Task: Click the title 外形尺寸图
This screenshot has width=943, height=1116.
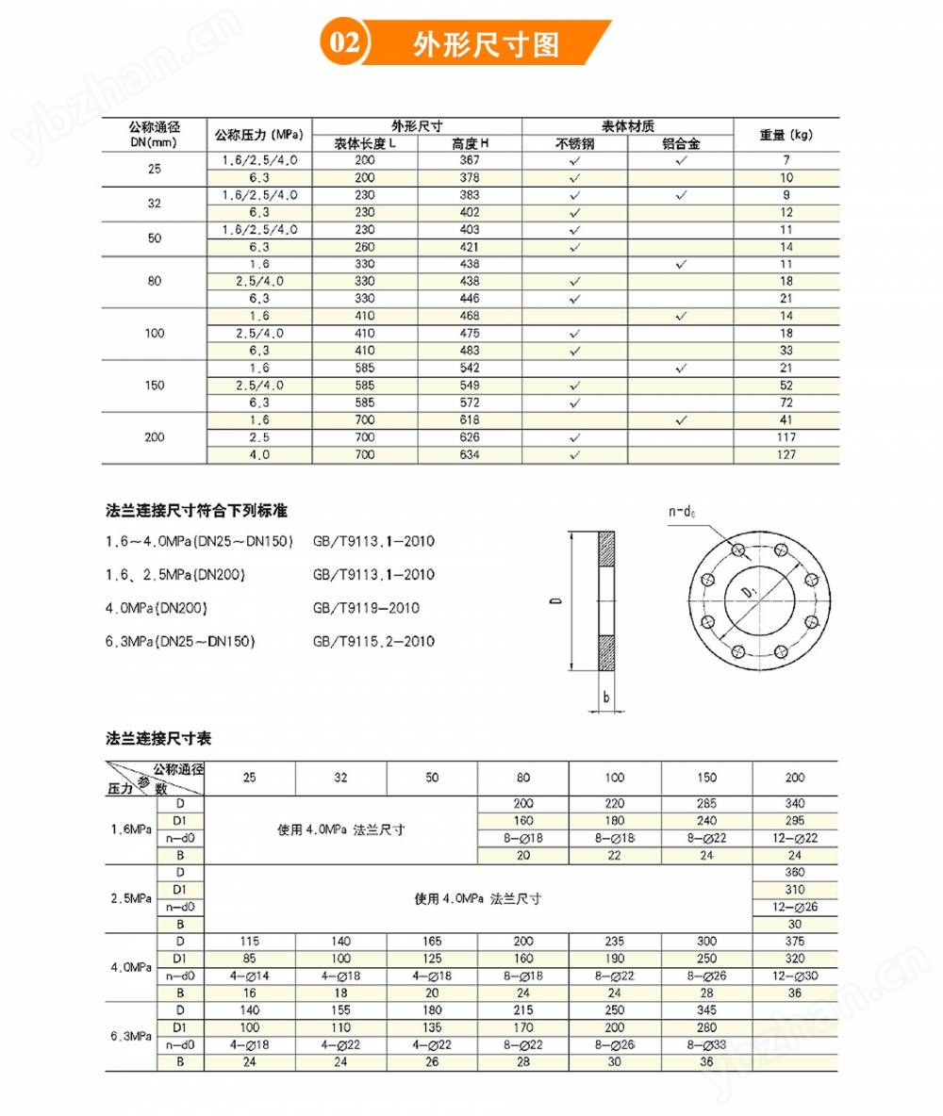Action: coord(487,44)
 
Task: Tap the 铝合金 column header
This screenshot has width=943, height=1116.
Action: coord(681,143)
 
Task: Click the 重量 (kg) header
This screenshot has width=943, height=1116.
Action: coord(786,135)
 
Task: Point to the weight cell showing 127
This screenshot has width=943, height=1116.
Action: coord(786,454)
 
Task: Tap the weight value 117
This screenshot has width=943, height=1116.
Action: coord(786,437)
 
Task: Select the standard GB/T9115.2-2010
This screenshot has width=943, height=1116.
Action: coord(373,642)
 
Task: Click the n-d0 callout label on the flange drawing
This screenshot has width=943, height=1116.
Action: coord(682,512)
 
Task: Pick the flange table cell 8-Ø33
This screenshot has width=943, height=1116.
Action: coord(706,1044)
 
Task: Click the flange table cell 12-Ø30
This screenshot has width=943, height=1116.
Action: coord(795,976)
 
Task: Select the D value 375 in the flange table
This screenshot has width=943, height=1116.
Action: coord(795,941)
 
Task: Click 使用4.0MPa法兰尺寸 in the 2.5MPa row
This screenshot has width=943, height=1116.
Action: coord(478,898)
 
